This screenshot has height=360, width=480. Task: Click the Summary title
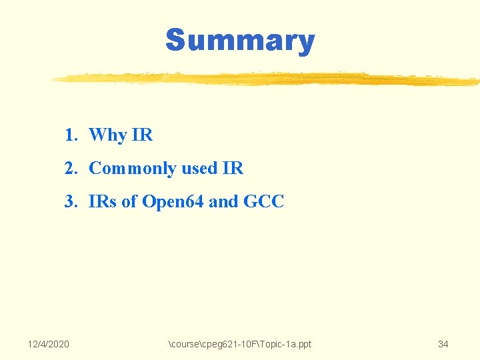coord(240,40)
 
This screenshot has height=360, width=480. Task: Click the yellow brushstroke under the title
coord(267,79)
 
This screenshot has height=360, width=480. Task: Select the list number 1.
coord(71,135)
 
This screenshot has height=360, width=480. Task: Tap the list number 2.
coord(71,169)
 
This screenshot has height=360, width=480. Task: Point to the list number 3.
coord(71,201)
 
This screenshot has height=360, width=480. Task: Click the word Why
coord(107,135)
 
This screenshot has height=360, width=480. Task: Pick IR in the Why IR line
coord(143,135)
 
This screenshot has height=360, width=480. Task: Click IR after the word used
coord(233,169)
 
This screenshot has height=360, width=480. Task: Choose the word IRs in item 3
coord(103,201)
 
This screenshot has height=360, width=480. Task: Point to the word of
coord(129,201)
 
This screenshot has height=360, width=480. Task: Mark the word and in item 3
coord(223,201)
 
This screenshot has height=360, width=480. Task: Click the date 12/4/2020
coord(48,344)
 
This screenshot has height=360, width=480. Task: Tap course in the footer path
coord(186,344)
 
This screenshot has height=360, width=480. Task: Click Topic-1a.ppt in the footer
coord(285,344)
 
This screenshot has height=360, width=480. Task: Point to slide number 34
coord(443,344)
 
